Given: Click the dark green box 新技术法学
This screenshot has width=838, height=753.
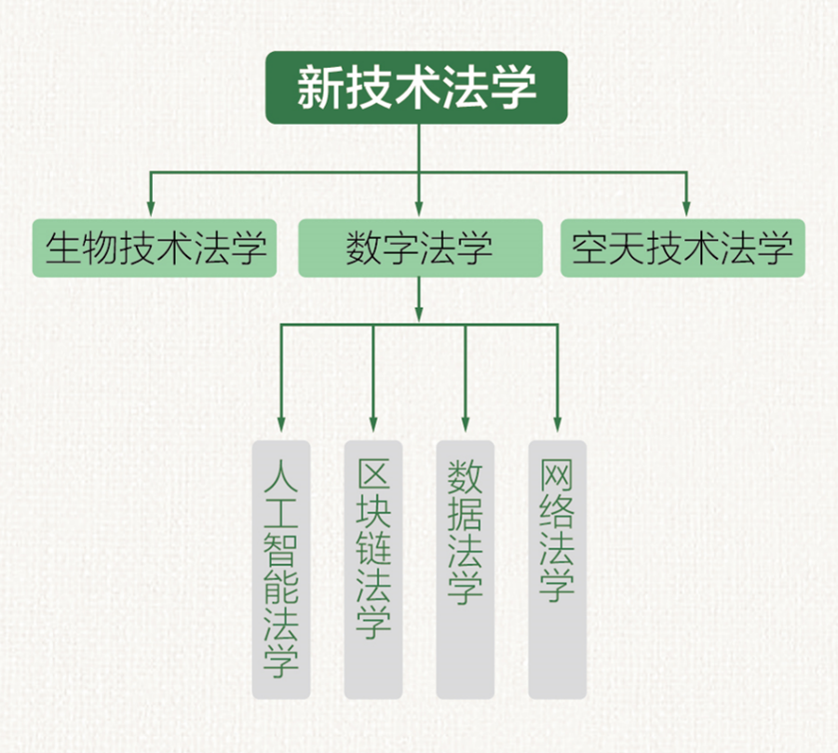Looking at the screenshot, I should (x=416, y=88).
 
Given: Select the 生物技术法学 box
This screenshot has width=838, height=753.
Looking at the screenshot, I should (x=155, y=249).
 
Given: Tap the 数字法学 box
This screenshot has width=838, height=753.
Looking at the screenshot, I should (x=419, y=249).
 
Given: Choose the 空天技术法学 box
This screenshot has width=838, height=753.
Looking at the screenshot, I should (x=683, y=249).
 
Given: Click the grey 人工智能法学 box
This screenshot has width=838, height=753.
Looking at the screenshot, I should (x=280, y=569).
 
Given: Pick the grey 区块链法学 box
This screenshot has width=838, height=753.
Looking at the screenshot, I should (x=372, y=569).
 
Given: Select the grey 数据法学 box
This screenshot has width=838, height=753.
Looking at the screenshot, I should (x=465, y=569).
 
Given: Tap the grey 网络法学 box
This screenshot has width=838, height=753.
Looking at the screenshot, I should (x=557, y=569).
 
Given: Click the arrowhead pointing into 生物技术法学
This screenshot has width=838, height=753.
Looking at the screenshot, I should (x=149, y=209).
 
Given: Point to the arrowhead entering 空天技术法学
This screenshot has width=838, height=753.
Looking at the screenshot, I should (x=687, y=209).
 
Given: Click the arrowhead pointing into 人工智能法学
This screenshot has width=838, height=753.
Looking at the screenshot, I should (x=280, y=425).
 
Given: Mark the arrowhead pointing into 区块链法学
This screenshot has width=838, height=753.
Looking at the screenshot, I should (x=372, y=425).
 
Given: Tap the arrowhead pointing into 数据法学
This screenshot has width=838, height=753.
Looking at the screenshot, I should (x=465, y=425).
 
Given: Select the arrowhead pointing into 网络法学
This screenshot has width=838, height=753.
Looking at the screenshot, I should (x=557, y=425).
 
